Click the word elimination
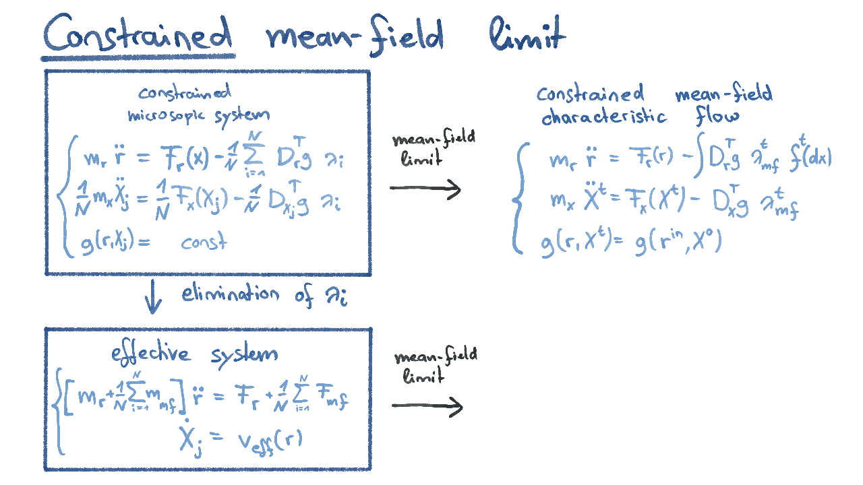point(230,294)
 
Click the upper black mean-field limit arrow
point(425,189)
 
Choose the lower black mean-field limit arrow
point(427,406)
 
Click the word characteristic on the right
point(604,117)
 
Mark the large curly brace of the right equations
point(519,200)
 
